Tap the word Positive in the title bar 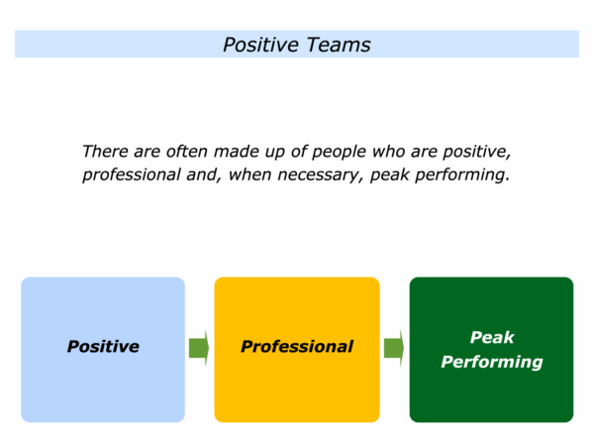click(x=256, y=45)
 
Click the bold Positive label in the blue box click(x=103, y=347)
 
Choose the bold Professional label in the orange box click(x=297, y=347)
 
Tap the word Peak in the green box click(x=492, y=337)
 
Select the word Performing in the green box click(x=492, y=362)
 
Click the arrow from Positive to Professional click(x=199, y=348)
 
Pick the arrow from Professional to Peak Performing click(x=394, y=348)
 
